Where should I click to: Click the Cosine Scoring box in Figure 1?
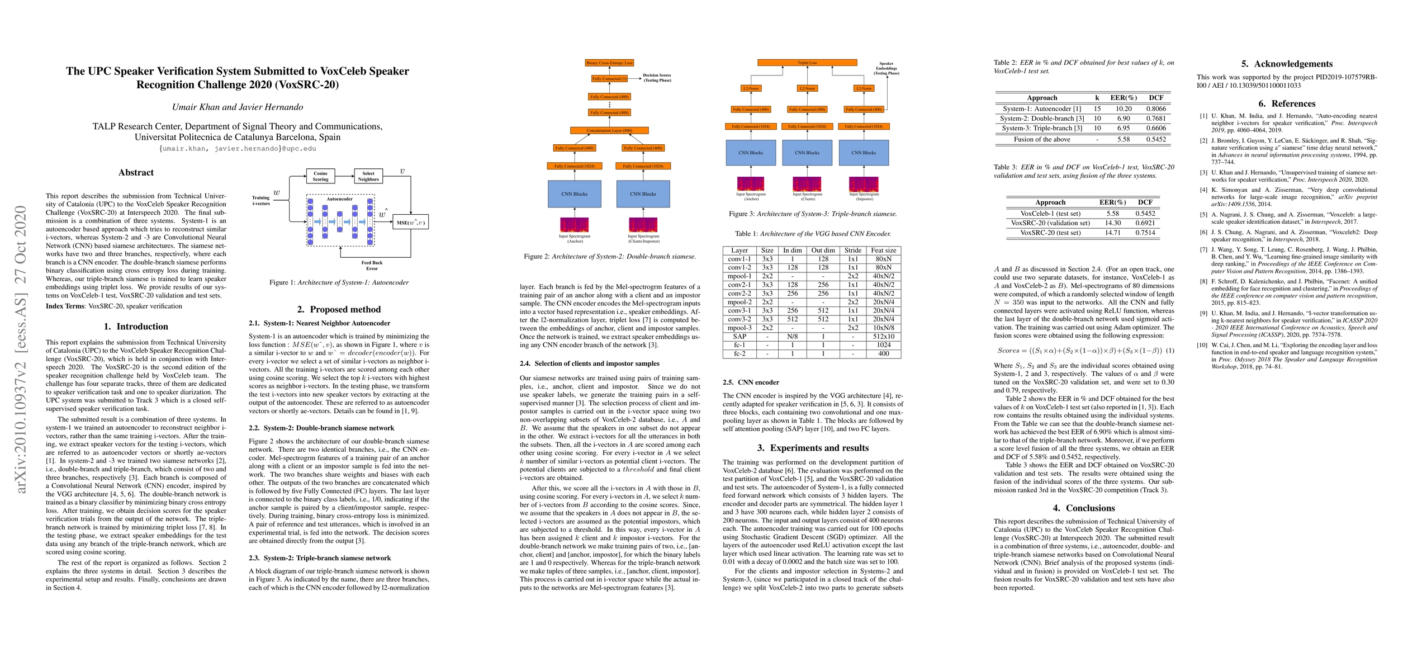click(320, 176)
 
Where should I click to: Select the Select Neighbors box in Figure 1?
click(368, 176)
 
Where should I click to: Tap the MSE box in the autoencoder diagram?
click(411, 223)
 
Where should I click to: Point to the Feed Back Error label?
click(372, 265)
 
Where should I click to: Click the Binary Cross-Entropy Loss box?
click(609, 63)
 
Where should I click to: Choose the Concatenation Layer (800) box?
click(609, 130)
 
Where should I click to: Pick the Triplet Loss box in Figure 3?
click(807, 63)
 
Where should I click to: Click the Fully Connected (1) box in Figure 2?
click(609, 79)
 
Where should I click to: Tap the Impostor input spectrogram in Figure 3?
click(864, 184)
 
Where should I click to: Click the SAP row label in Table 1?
click(740, 337)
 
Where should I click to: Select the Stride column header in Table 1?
click(853, 251)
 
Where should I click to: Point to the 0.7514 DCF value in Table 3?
click(1145, 233)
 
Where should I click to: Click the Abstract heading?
click(136, 172)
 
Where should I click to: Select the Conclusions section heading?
click(1084, 508)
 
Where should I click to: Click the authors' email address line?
click(238, 149)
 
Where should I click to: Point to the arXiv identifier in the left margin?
click(21, 349)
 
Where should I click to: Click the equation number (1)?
click(1169, 351)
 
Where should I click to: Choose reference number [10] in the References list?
click(1202, 345)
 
